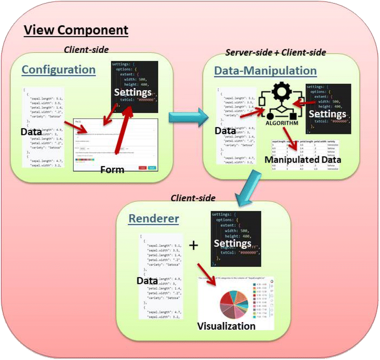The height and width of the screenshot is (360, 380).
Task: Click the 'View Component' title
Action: coord(76,30)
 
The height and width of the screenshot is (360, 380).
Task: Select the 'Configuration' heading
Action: coord(58,70)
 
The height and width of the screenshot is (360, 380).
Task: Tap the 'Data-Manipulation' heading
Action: coord(265,71)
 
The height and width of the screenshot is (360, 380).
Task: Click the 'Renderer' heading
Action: coord(154,219)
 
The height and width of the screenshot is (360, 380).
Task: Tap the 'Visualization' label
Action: coord(226,326)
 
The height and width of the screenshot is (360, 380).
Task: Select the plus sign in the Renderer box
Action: coord(194,246)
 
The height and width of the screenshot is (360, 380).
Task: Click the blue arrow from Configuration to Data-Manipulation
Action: coord(187,118)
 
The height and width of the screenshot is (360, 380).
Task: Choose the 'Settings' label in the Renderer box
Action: coord(233,244)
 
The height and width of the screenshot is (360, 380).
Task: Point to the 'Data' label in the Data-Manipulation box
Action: coord(225,131)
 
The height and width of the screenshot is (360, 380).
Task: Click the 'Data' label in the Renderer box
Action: coord(147,281)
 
